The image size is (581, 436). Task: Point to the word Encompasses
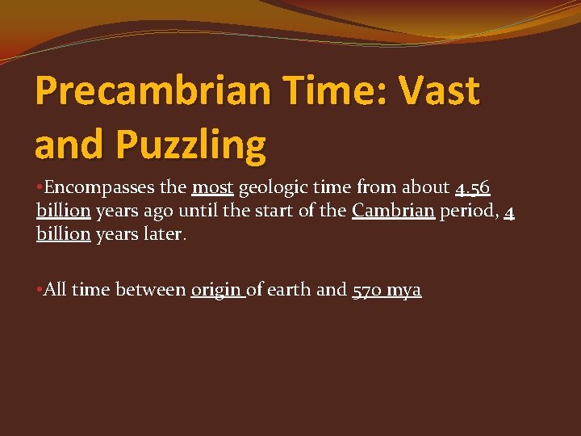pos(100,187)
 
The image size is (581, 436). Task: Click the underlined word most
pos(212,187)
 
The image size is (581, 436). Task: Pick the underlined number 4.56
pos(472,188)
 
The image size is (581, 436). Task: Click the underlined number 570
pos(369,290)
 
